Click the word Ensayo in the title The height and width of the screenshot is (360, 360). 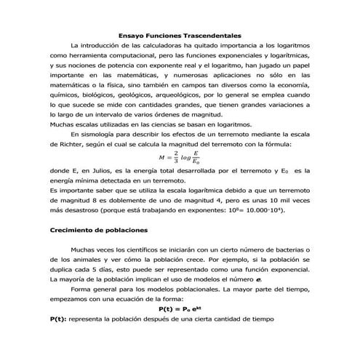[132, 35]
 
